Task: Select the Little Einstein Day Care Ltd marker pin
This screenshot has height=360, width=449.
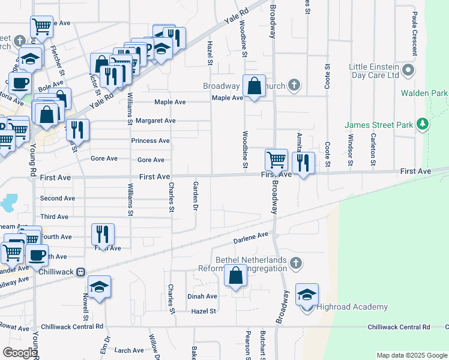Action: [x=409, y=71]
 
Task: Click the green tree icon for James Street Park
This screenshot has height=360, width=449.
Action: [x=423, y=124]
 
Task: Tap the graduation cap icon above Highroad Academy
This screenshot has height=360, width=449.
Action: [x=307, y=295]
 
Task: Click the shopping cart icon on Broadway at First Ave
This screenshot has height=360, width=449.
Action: [x=276, y=160]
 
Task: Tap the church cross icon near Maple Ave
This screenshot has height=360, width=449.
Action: [x=294, y=85]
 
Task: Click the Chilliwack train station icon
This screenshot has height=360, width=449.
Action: [x=80, y=272]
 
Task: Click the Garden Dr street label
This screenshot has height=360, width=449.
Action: [x=195, y=196]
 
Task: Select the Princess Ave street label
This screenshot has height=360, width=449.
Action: [x=150, y=141]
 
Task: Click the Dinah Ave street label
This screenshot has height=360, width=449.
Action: [x=202, y=296]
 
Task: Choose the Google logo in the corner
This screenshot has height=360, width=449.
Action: [x=20, y=353]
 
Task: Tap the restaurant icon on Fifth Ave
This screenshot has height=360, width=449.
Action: [x=103, y=235]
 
